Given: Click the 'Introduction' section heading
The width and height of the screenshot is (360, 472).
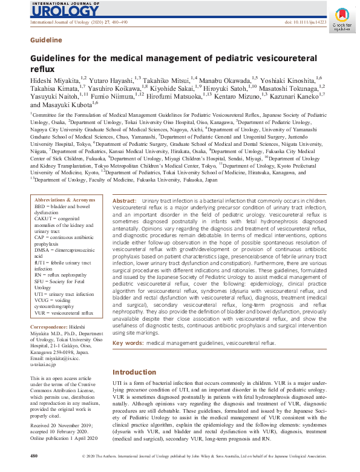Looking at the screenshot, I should (x=134, y=372).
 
